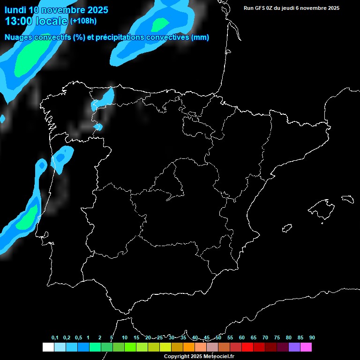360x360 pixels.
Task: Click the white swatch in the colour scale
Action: [x=48, y=347]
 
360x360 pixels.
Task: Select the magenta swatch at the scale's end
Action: [x=306, y=347]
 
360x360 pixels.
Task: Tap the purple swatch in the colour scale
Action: [x=294, y=347]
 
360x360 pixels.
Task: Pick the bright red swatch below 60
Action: [x=247, y=347]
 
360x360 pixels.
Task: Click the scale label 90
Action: [x=312, y=337]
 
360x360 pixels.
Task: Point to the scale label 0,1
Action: [x=55, y=337]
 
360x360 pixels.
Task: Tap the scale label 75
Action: [x=277, y=337]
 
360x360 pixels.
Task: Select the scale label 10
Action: [x=125, y=337]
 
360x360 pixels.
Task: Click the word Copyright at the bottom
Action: [x=176, y=357]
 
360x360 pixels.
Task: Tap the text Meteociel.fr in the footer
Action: [x=219, y=357]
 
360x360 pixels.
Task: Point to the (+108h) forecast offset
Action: [x=83, y=21]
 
